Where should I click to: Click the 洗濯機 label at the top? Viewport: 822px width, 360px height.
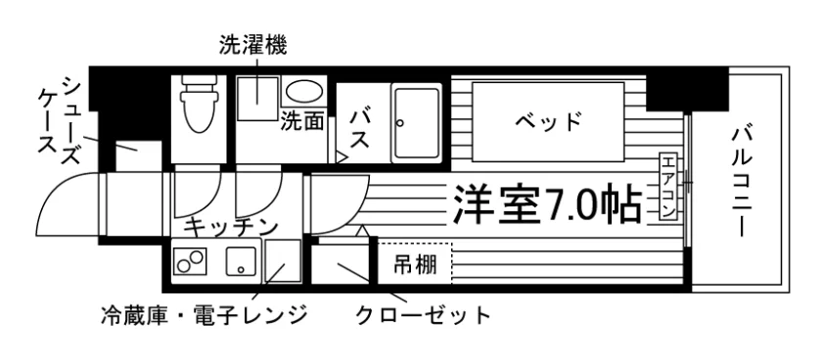coord(252,46)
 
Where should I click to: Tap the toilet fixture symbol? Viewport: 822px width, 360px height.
coord(199,104)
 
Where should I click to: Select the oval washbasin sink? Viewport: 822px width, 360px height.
coord(303,92)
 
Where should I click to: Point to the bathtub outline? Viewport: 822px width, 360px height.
coord(417,122)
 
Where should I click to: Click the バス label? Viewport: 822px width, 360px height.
coord(361,128)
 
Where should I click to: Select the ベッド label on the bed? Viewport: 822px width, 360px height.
coord(548,122)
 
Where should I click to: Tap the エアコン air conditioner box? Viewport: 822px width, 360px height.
coord(667,186)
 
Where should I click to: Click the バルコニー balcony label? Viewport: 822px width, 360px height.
coord(742,182)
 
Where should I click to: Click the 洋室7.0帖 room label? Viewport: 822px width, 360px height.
coord(547,204)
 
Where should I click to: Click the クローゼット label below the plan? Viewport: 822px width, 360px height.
coord(423,316)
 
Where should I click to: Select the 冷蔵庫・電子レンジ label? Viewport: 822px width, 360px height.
coord(205,315)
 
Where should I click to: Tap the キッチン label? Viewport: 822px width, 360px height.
coord(231,227)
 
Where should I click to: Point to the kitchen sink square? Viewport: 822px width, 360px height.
coord(241,260)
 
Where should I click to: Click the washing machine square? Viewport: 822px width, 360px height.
coord(256,99)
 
